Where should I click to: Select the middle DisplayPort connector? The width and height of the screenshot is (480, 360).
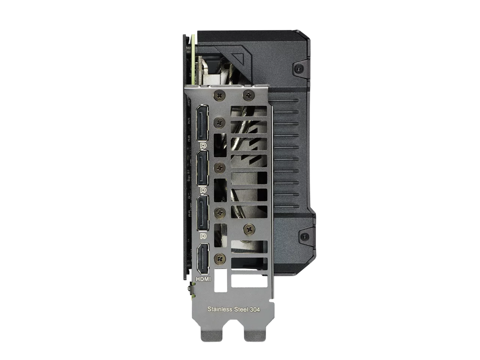tap(202, 168)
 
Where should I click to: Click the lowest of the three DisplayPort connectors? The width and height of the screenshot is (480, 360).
tap(202, 213)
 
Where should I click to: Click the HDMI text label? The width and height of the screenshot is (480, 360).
tap(203, 279)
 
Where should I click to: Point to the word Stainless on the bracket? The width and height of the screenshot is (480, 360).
tap(220, 309)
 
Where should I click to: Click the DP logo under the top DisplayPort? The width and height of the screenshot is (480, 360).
tap(203, 145)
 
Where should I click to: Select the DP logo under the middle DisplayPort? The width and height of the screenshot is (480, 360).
tap(203, 190)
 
